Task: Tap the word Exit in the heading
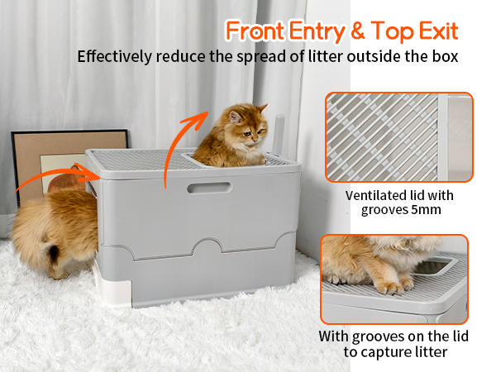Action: click(438, 31)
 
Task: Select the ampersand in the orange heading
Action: click(357, 31)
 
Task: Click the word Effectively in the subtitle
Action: click(115, 57)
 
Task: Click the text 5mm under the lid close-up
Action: click(426, 210)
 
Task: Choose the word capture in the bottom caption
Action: click(384, 353)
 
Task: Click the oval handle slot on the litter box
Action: click(209, 188)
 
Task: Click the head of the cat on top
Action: click(247, 124)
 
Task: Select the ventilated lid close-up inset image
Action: click(399, 137)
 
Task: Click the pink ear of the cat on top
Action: click(235, 117)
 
